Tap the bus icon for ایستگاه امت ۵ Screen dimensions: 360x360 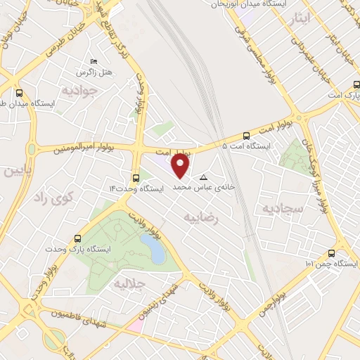pos(245,136)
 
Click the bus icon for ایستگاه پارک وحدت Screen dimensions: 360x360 pos(77,238)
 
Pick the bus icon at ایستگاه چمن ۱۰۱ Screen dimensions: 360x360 pos(332,253)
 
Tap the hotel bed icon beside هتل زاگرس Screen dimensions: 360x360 pos(94,61)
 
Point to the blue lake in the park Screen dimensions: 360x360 pos(153,249)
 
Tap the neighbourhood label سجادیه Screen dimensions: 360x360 pos(282,209)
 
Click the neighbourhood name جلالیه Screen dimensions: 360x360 pos(129,284)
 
